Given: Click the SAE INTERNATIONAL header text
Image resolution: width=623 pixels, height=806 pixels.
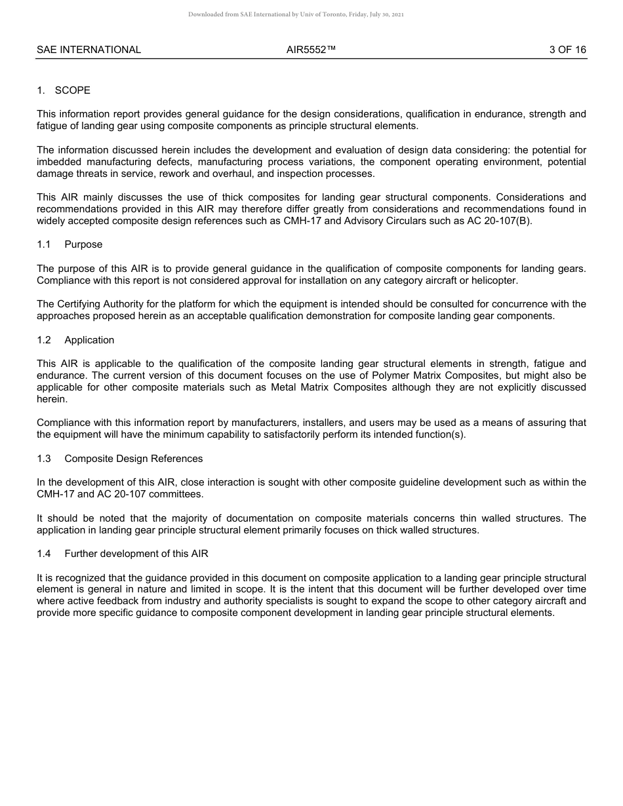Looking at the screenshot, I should tap(89, 50).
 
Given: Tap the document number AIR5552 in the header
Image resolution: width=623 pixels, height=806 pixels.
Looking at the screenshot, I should tap(311, 50).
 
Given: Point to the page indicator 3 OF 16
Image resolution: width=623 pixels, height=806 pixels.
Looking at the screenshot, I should tap(567, 50).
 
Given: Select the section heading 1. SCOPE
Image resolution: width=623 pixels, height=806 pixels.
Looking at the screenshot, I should tap(64, 90).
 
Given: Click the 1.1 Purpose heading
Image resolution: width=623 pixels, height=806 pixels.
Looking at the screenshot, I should tap(70, 244).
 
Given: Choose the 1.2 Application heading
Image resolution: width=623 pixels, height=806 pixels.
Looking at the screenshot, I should tap(75, 340).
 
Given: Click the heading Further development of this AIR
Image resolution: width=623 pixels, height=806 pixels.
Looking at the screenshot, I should tap(136, 554).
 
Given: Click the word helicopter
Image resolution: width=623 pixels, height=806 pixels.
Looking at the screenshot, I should tap(494, 280).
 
